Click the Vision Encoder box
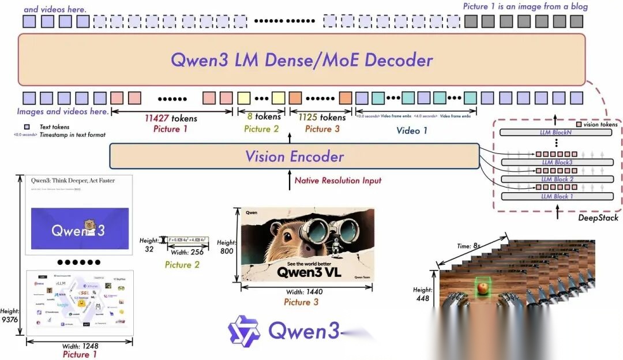click(294, 156)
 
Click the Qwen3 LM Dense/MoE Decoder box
click(301, 60)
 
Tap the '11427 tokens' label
click(171, 118)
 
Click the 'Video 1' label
click(412, 130)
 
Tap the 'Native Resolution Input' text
click(338, 181)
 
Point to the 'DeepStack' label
click(598, 217)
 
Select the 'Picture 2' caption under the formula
click(182, 265)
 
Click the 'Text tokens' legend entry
click(54, 127)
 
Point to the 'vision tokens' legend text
click(601, 125)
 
